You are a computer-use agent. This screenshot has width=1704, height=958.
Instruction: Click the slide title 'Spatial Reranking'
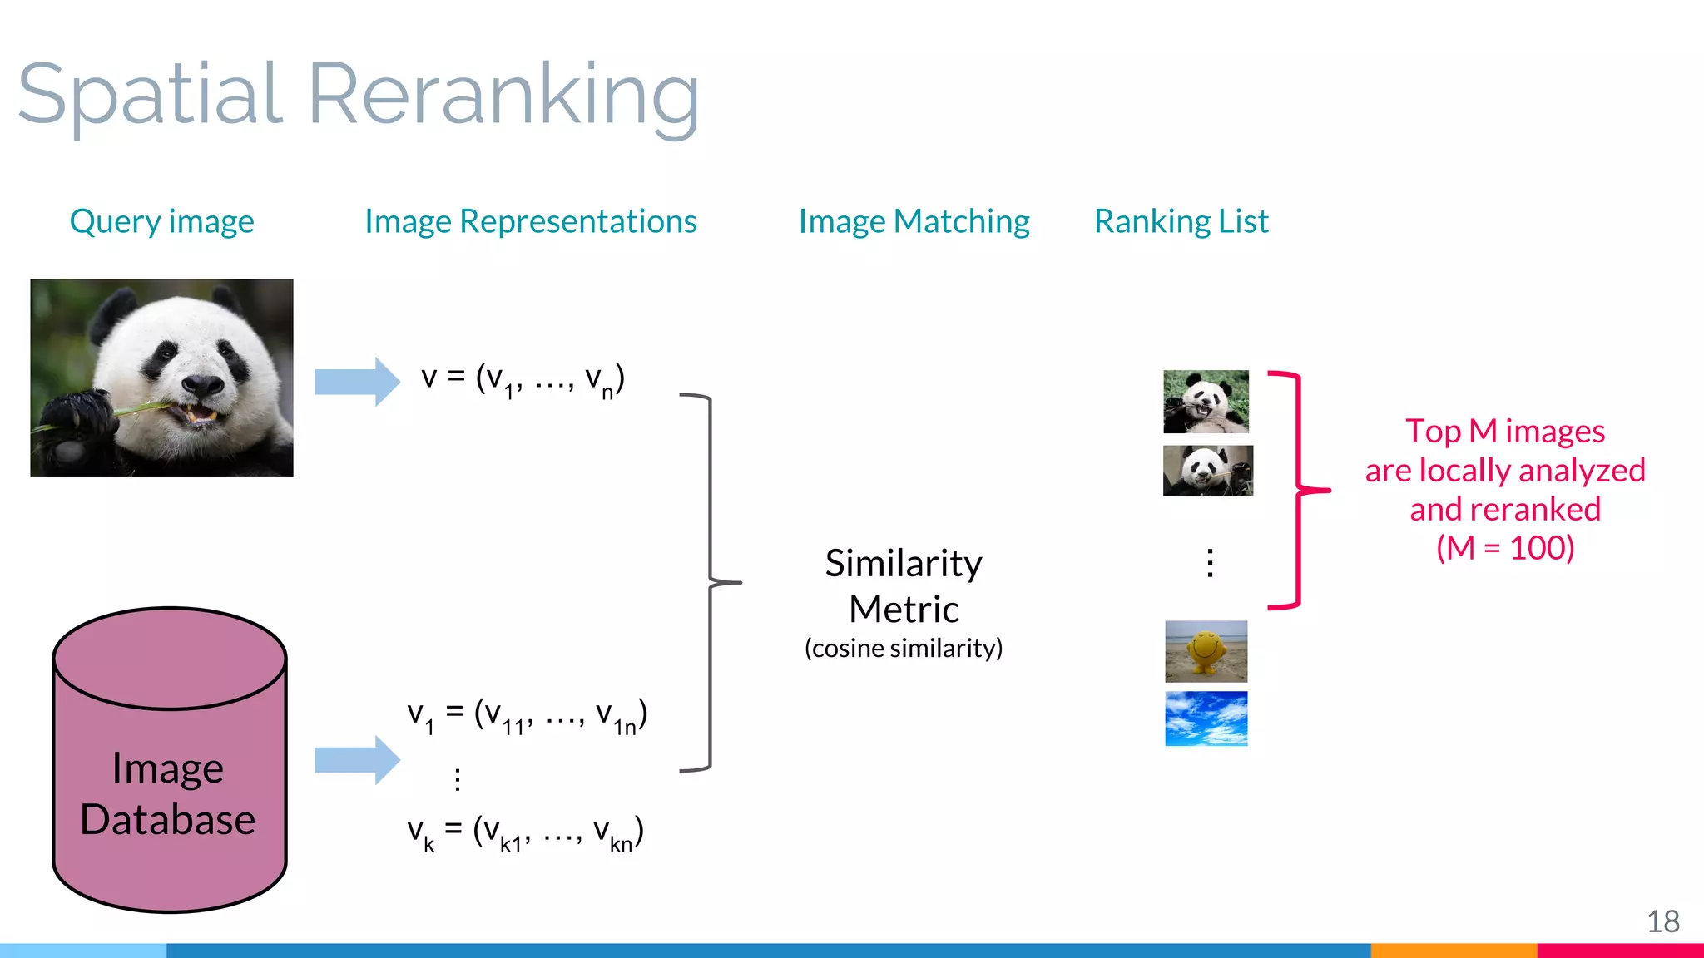pos(358,96)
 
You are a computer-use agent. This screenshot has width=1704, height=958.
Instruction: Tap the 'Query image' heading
pos(161,221)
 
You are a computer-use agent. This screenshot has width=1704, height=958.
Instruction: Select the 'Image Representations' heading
pos(530,221)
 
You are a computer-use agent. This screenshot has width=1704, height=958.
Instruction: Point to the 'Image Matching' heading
pos(914,221)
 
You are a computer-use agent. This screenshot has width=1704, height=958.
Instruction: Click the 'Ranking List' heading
pos(1181,221)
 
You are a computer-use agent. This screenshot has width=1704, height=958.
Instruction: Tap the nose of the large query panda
pos(202,384)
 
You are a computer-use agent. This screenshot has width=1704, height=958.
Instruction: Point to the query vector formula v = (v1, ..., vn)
pos(523,380)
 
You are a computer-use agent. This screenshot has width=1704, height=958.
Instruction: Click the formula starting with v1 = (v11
pos(527,716)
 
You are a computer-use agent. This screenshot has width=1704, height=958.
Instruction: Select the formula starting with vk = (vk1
pos(525,832)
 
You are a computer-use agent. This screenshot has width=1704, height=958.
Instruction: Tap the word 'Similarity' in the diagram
pos(904,564)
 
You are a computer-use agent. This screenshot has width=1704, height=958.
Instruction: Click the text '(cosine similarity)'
pos(904,648)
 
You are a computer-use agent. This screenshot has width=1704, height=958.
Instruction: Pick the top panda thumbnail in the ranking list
pos(1206,402)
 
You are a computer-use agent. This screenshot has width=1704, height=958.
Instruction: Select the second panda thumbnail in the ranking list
pos(1207,471)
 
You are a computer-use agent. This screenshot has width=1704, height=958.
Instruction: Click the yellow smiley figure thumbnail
pos(1206,651)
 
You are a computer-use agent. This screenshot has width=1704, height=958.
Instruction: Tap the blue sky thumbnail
pos(1206,718)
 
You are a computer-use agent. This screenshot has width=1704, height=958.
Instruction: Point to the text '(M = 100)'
pos(1505,548)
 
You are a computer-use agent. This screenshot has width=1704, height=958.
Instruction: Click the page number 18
pos(1662,921)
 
